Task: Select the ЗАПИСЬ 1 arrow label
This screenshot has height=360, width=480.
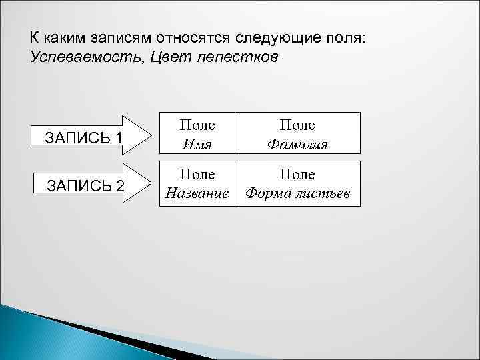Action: (83, 138)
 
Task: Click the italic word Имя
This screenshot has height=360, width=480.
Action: (198, 144)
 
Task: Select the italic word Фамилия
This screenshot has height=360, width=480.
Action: (299, 144)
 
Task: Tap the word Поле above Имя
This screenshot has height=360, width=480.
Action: (198, 125)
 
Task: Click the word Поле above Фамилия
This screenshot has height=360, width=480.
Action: (298, 125)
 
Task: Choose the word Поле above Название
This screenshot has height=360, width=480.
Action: (198, 174)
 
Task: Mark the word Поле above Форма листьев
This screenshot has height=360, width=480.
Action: (298, 174)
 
